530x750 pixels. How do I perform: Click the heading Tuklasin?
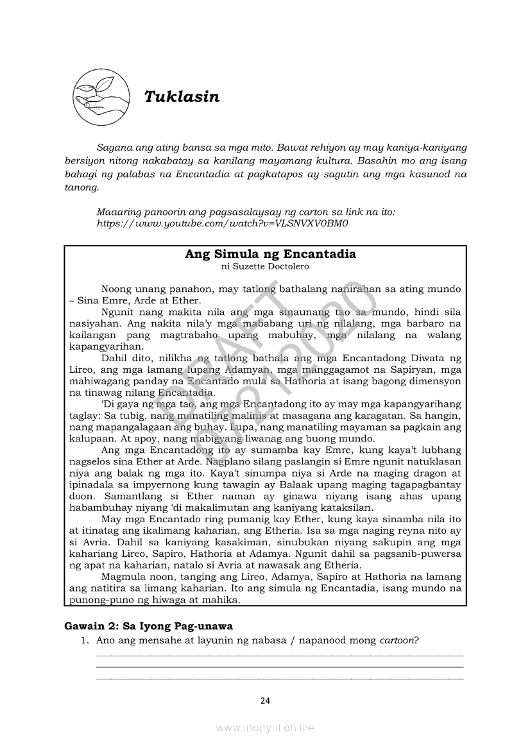click(182, 97)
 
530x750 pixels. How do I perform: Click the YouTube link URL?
click(221, 223)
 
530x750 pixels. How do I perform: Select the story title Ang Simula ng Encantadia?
click(270, 253)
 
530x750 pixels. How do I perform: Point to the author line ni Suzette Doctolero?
click(265, 266)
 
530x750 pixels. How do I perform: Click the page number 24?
click(265, 700)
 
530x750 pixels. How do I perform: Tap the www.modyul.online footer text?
click(265, 728)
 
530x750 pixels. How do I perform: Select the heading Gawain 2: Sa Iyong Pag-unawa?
click(148, 626)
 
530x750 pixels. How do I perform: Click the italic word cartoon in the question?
click(398, 640)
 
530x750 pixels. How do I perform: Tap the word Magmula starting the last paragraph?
click(123, 577)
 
